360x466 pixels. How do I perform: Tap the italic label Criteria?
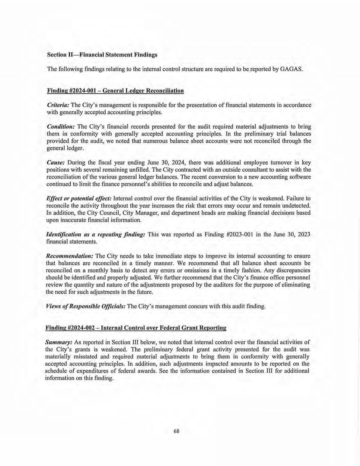coord(57,105)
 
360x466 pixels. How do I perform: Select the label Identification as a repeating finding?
coord(96,233)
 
